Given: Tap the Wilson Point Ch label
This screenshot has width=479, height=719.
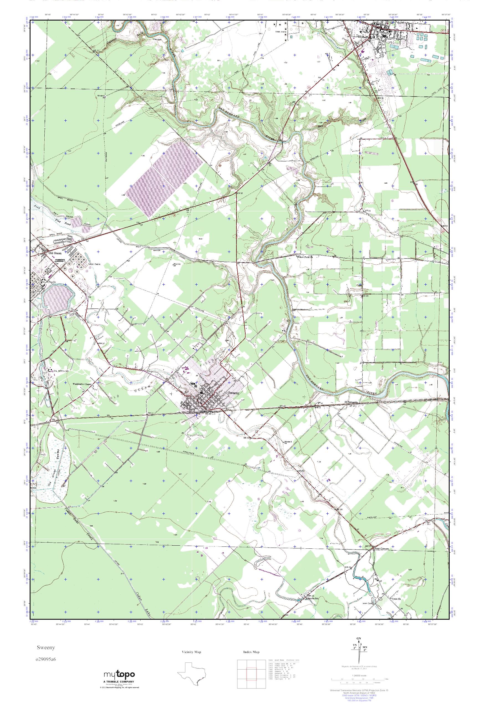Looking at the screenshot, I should [305, 257].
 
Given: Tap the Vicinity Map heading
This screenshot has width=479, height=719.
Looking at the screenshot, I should [192, 652].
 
